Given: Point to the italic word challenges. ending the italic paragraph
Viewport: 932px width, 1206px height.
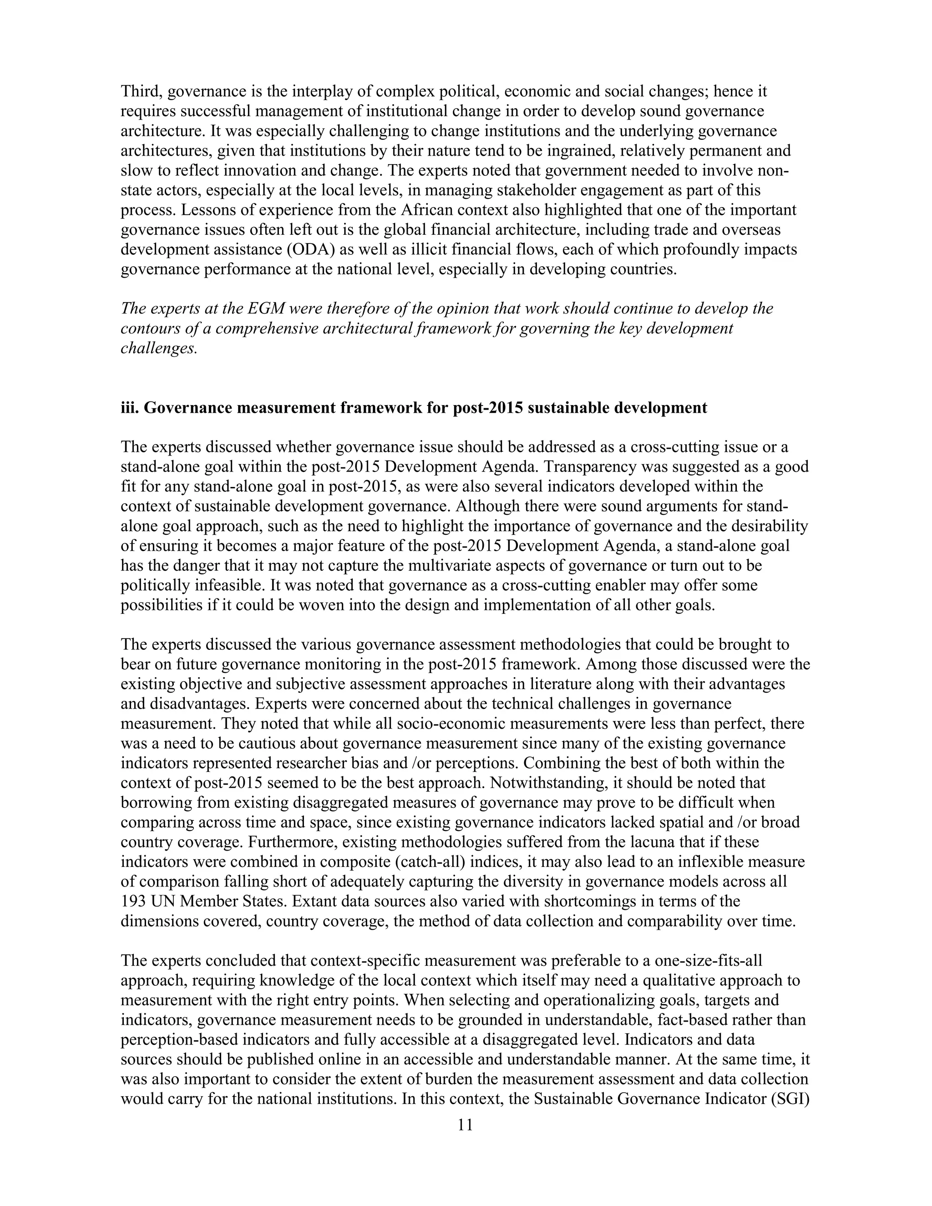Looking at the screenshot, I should [x=159, y=349].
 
